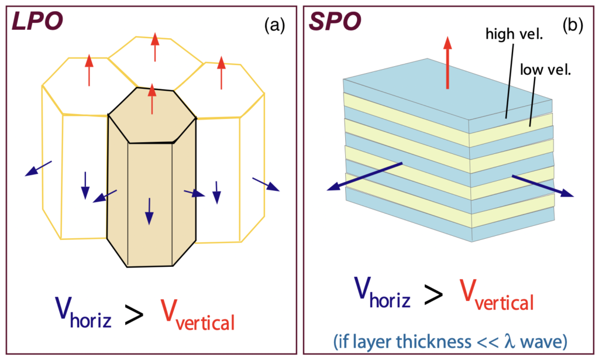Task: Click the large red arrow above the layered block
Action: pos(447,62)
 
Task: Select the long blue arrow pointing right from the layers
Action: pos(542,186)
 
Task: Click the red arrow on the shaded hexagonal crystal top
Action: pos(152,98)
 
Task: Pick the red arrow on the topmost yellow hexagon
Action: pos(154,47)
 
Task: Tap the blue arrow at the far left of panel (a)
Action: pos(39,168)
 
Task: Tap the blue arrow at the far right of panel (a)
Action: pos(266,184)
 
